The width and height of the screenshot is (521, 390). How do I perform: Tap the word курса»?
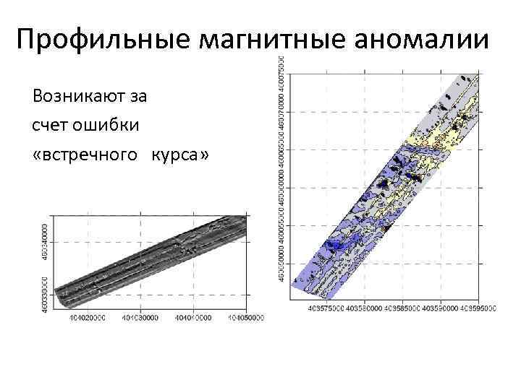(179, 156)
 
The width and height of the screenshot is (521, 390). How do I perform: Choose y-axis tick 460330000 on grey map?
(46, 291)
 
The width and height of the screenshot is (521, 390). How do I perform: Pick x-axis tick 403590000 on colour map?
(438, 308)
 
